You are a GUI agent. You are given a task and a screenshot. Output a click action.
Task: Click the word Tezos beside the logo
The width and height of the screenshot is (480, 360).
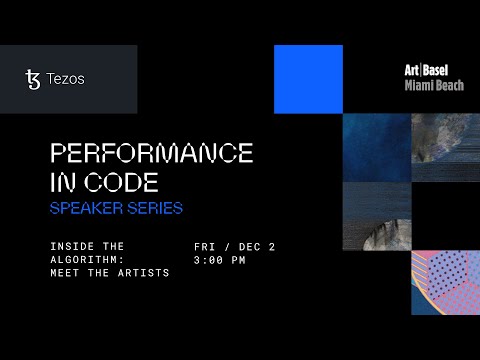65,79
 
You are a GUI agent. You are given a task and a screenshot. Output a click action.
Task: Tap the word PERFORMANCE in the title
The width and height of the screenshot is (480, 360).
151,153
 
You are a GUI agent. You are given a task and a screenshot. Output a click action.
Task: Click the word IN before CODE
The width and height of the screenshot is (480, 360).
65,183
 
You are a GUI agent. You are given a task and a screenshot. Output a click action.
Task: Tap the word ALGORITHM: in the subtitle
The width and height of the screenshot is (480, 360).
85,259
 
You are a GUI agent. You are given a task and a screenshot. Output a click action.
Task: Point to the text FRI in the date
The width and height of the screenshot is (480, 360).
206,245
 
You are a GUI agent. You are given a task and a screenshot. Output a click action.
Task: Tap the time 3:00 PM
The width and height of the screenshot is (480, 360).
220,259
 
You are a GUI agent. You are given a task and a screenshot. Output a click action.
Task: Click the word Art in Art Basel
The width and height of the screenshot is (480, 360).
412,71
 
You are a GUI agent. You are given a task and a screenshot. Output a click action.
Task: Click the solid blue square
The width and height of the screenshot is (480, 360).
308,79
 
